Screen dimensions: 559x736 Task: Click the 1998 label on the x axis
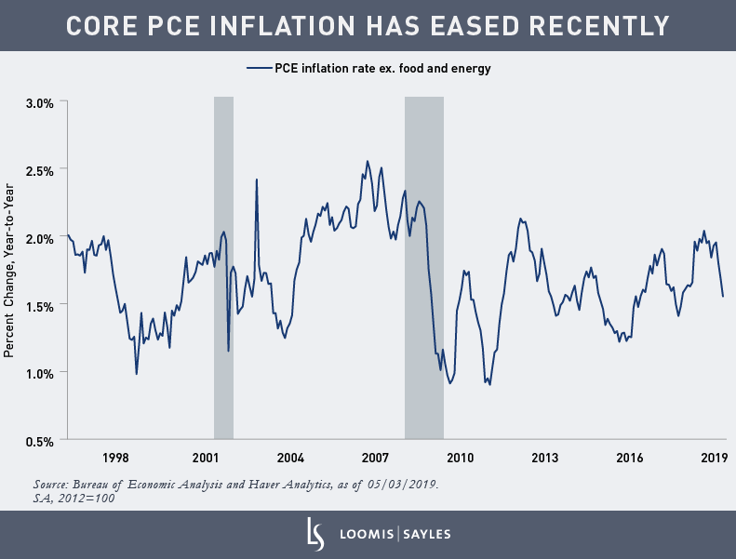(115, 458)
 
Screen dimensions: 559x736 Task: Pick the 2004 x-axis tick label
(290, 458)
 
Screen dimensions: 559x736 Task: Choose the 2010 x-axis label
(461, 458)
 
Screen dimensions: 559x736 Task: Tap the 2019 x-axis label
(714, 458)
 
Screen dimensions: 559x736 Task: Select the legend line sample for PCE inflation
(259, 68)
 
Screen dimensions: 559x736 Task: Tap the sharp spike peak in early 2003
(256, 180)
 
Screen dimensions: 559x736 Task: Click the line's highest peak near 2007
(368, 161)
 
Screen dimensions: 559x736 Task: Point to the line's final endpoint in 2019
(723, 297)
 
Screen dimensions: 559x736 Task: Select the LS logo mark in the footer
(314, 534)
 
